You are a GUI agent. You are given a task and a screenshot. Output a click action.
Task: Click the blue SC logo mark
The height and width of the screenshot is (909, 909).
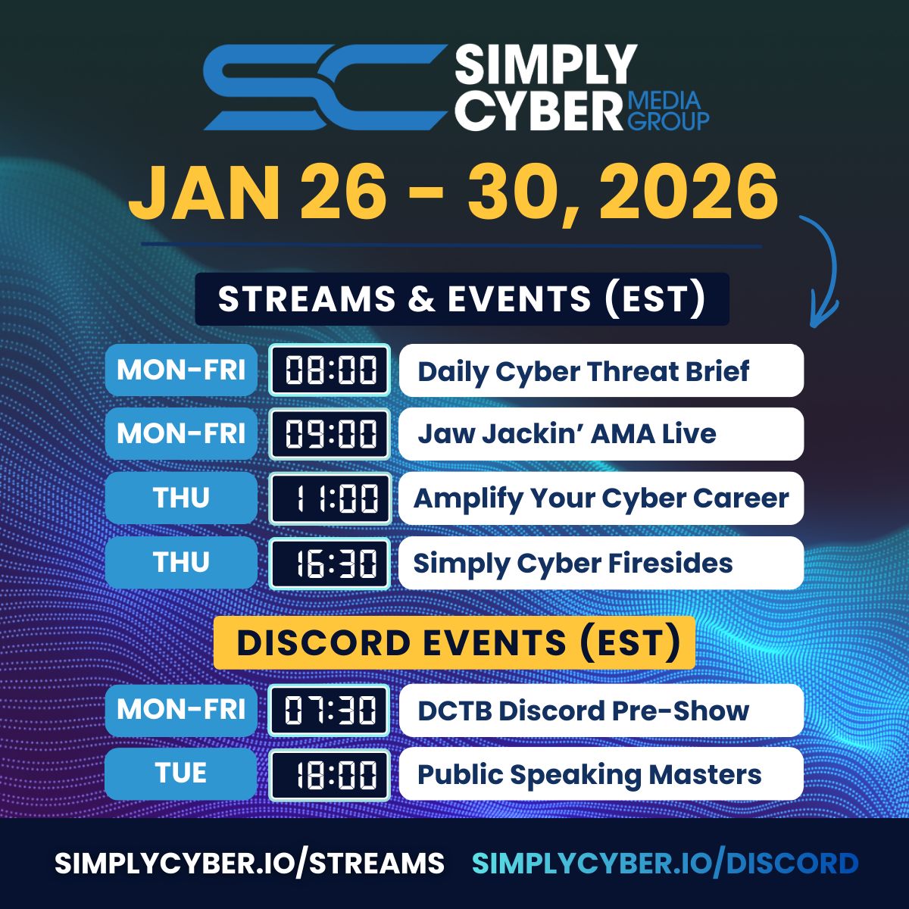(326, 87)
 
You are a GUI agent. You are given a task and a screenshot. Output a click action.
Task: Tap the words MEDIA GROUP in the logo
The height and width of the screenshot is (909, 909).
(668, 111)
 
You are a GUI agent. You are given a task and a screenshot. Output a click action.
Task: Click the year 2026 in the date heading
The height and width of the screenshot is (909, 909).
(688, 192)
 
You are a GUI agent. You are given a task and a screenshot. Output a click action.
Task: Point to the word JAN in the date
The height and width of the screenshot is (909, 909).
(205, 192)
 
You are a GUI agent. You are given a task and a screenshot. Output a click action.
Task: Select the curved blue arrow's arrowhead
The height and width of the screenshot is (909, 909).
(823, 313)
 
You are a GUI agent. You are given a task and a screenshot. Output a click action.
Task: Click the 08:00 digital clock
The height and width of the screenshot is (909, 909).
(330, 370)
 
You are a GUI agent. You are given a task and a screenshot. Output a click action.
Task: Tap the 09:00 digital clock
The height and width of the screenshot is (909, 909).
(330, 433)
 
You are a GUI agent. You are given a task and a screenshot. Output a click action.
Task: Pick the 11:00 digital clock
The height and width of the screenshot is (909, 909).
(330, 498)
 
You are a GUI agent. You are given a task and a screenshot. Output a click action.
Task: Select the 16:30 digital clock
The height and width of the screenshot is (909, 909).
(330, 564)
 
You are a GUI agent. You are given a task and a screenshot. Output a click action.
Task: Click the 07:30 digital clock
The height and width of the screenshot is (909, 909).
(330, 711)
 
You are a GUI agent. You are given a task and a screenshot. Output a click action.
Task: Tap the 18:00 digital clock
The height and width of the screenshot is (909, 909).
(330, 775)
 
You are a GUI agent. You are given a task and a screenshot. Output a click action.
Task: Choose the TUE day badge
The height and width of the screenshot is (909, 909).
(181, 773)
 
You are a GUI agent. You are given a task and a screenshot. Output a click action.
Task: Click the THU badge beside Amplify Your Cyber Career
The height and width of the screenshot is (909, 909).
(181, 498)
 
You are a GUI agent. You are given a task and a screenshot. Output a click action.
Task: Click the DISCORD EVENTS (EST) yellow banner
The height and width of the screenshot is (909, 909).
(454, 642)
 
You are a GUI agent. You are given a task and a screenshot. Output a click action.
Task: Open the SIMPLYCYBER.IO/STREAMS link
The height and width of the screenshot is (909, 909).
(249, 864)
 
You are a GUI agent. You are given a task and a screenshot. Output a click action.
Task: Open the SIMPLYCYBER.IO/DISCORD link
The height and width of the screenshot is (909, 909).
(665, 864)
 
